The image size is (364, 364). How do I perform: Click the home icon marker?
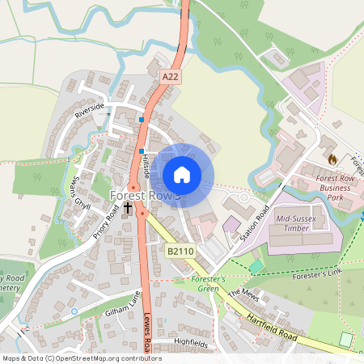[182, 175]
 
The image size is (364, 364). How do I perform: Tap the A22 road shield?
[169, 76]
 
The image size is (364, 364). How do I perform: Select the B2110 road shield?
[180, 252]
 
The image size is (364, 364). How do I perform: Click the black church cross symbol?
[128, 209]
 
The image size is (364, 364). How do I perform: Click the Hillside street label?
[147, 163]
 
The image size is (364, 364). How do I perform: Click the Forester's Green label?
[197, 284]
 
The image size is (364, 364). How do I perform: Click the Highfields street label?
[191, 343]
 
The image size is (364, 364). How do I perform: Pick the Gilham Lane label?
[122, 304]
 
